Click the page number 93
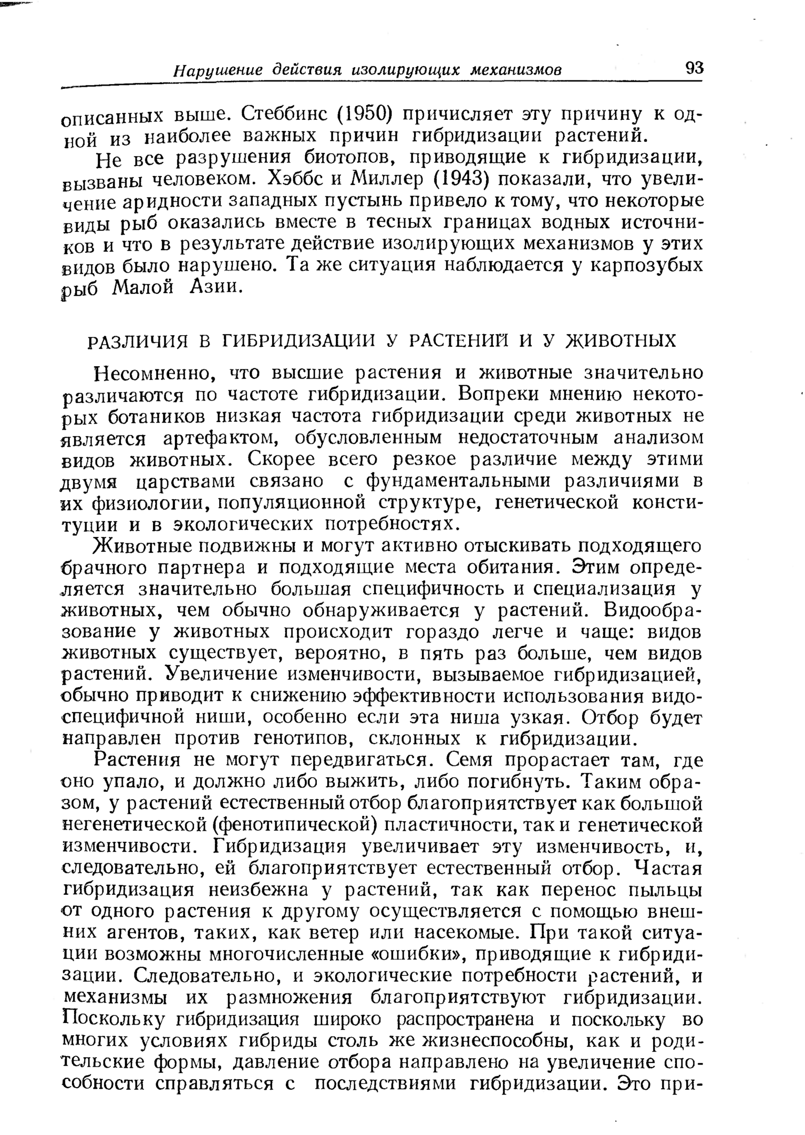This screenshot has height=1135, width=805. [x=694, y=68]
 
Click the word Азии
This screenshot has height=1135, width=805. [x=215, y=287]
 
